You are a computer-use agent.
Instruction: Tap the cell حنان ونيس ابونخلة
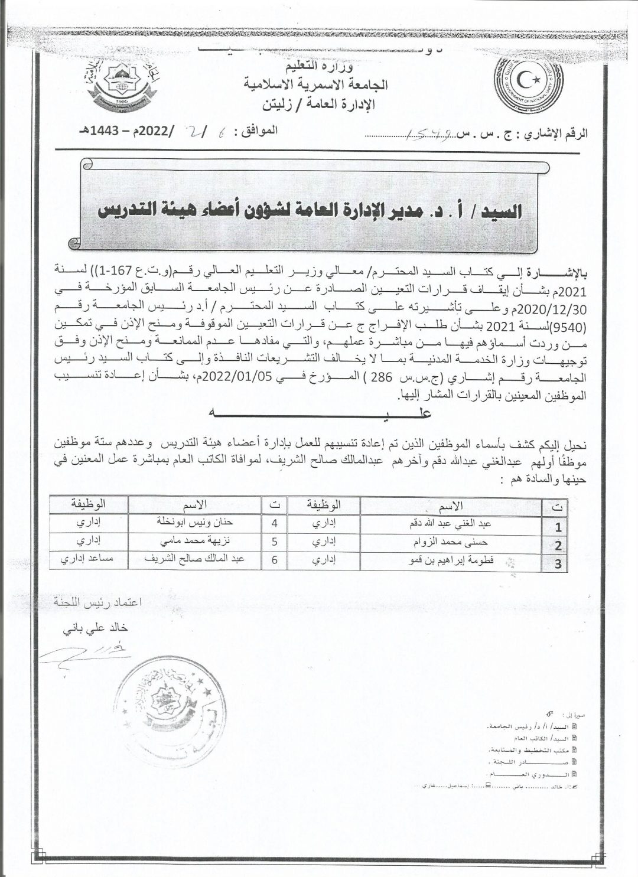pyautogui.click(x=194, y=523)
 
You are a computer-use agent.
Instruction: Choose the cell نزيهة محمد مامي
pyautogui.click(x=194, y=541)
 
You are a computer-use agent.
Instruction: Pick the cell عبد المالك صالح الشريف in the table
pyautogui.click(x=194, y=559)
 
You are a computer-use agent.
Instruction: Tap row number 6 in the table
pyautogui.click(x=274, y=559)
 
